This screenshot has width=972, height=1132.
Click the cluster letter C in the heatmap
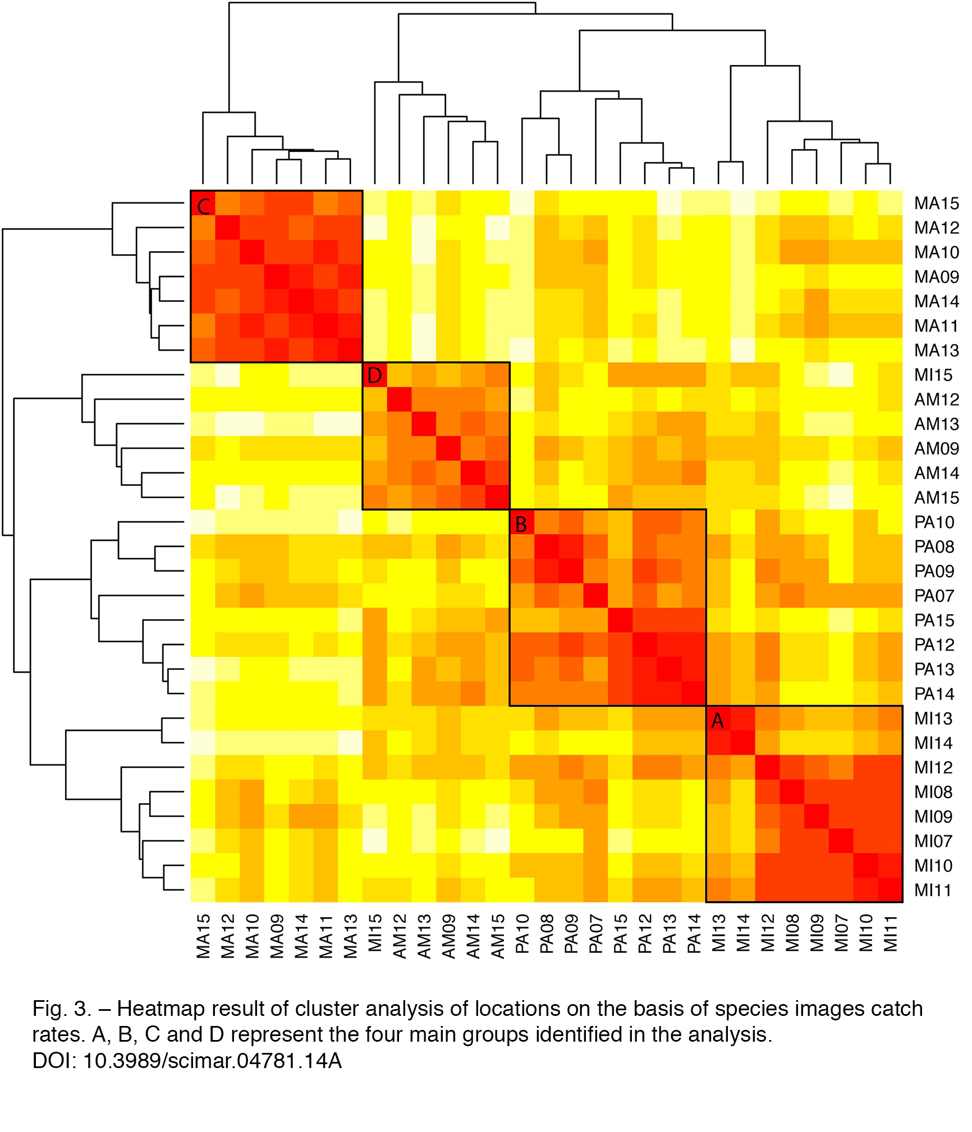click(203, 206)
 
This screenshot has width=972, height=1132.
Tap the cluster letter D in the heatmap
click(374, 375)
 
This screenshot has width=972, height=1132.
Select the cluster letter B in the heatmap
click(521, 524)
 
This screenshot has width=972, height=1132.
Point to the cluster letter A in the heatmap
click(717, 721)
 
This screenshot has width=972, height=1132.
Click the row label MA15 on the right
click(937, 203)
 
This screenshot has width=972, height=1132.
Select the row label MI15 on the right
click(934, 375)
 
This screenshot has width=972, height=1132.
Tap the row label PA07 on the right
click(934, 596)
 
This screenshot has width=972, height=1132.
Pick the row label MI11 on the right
click(933, 890)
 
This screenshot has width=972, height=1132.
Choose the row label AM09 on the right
click(937, 449)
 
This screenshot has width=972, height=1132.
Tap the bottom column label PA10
click(522, 934)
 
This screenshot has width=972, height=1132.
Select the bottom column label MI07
click(841, 933)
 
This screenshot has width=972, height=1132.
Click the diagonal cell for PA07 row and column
click(595, 595)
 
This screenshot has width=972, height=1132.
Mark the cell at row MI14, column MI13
click(718, 743)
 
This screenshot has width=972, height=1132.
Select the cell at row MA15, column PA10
click(522, 203)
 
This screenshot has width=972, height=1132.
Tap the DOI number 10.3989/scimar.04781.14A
click(213, 1061)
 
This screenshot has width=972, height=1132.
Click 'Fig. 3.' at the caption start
click(62, 1009)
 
